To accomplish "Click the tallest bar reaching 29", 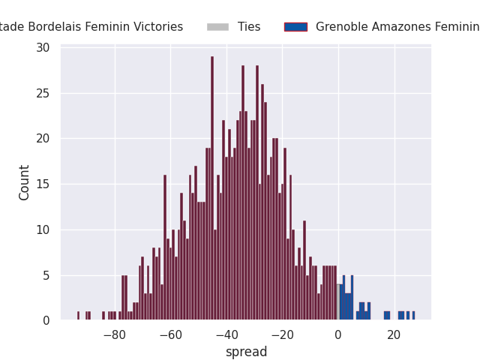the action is pyautogui.click(x=212, y=188).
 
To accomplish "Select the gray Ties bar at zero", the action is pyautogui.click(x=338, y=302).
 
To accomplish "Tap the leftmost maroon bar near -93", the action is pyautogui.click(x=78, y=316).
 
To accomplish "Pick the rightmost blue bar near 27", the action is pyautogui.click(x=413, y=316).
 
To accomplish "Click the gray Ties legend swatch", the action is pyautogui.click(x=217, y=27).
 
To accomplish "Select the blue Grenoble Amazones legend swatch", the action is pyautogui.click(x=295, y=27).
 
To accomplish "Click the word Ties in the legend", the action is pyautogui.click(x=249, y=27).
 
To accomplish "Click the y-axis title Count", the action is pyautogui.click(x=24, y=183).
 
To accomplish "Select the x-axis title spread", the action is pyautogui.click(x=247, y=352).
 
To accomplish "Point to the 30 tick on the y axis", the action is pyautogui.click(x=43, y=48).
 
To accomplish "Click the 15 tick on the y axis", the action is pyautogui.click(x=43, y=184).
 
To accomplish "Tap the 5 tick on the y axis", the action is pyautogui.click(x=46, y=275).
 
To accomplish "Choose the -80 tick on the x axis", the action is pyautogui.click(x=115, y=335).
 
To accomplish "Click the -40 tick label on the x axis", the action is pyautogui.click(x=226, y=335).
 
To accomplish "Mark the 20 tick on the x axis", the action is pyautogui.click(x=394, y=335).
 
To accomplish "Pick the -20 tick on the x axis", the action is pyautogui.click(x=283, y=335).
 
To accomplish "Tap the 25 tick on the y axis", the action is pyautogui.click(x=43, y=93).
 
